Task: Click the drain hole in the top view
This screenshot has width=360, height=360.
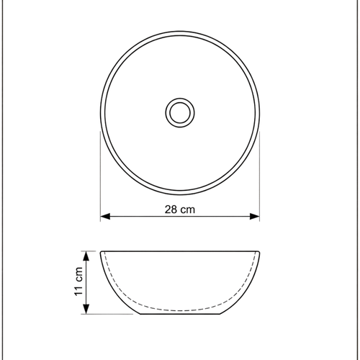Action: (179, 112)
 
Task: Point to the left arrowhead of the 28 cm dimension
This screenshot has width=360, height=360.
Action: (104, 216)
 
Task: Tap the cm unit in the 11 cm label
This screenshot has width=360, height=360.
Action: (80, 273)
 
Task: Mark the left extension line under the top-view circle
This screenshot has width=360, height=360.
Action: (99, 173)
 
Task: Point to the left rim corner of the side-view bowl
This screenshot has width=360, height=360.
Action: (101, 251)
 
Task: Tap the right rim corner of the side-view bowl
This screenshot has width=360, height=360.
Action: (258, 251)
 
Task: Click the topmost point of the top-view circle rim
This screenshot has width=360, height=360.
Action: (179, 32)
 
